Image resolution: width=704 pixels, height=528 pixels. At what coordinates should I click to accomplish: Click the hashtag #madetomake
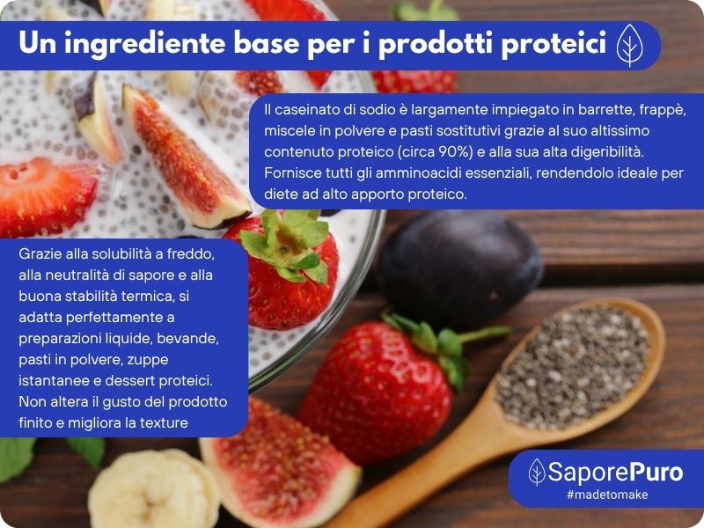click(x=607, y=495)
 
